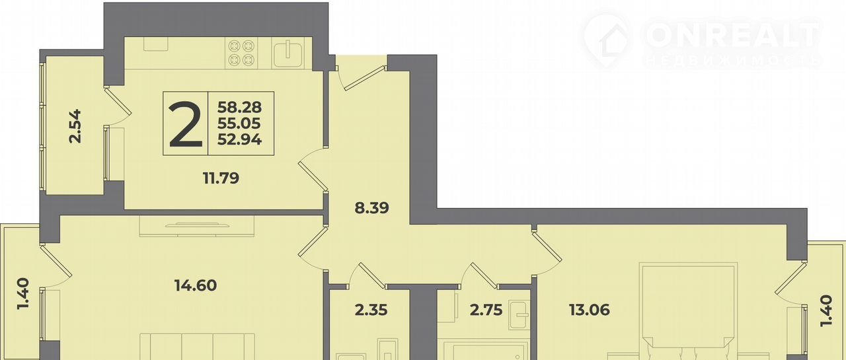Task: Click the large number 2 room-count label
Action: [x=186, y=124]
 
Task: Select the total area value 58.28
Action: [x=239, y=108]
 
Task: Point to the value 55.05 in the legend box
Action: [x=239, y=124]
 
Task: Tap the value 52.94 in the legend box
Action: [x=239, y=139]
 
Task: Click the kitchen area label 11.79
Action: [x=221, y=178]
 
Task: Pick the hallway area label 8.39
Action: [x=371, y=207]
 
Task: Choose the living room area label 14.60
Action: [x=196, y=285]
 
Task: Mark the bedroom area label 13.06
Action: [x=589, y=310]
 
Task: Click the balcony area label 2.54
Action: [x=75, y=126]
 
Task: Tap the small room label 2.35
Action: [x=371, y=310]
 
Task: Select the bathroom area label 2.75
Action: [x=486, y=310]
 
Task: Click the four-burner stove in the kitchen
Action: [x=241, y=53]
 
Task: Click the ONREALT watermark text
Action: [x=733, y=35]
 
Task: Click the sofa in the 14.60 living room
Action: [x=197, y=346]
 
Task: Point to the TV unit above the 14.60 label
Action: [x=197, y=226]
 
